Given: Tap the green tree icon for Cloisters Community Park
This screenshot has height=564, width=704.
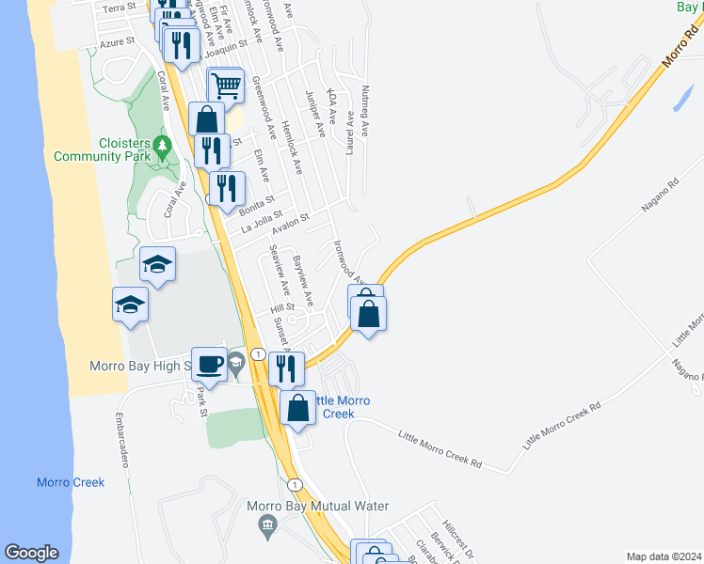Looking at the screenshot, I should click(x=163, y=146).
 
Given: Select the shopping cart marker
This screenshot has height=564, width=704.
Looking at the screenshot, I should click(x=226, y=86).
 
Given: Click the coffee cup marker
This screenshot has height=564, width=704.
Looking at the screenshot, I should click(x=209, y=364).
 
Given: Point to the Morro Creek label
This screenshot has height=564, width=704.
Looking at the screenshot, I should click(x=71, y=482).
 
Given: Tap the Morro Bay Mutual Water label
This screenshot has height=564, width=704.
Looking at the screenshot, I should click(x=318, y=506).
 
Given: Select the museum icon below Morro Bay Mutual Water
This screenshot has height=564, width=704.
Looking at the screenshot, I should click(x=268, y=524).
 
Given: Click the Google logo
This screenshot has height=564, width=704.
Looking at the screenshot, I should click(x=31, y=553).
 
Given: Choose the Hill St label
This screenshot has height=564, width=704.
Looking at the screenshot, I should click(x=283, y=306).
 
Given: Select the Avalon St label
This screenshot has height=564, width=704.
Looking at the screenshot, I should click(x=291, y=226).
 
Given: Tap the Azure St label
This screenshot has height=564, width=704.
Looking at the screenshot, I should click(x=120, y=42).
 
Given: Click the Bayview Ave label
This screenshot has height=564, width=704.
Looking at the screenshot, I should click(x=302, y=279).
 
